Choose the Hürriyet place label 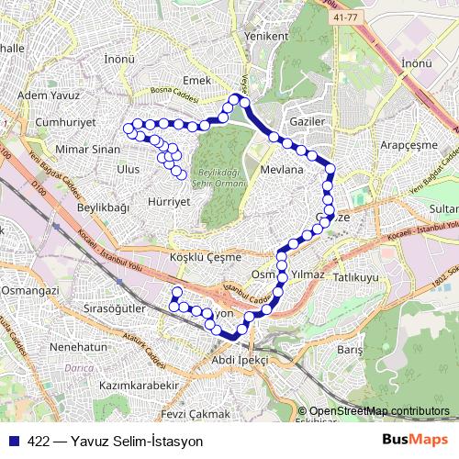168,199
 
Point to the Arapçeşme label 409,145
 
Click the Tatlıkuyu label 356,276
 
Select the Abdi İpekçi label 240,360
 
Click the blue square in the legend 13,440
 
